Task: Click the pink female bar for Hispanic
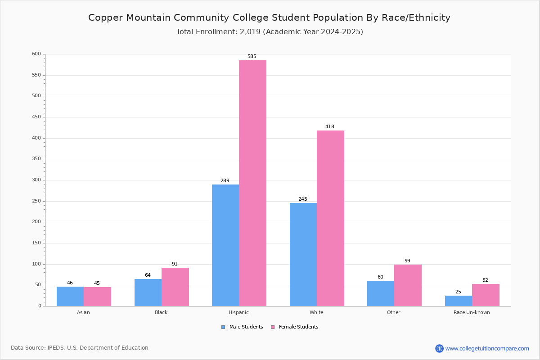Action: [x=252, y=183]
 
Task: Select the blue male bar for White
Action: [x=303, y=254]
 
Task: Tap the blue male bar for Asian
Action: [x=70, y=296]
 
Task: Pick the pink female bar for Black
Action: [x=175, y=287]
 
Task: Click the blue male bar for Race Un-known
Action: [x=459, y=301]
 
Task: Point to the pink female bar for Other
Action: [x=408, y=285]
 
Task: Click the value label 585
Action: [x=252, y=57]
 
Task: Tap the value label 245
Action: [x=302, y=199]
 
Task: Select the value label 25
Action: [x=458, y=292]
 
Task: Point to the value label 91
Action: [x=175, y=264]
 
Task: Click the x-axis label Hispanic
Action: [x=238, y=312]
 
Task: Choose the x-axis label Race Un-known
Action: [x=472, y=312]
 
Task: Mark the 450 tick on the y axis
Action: [x=36, y=117]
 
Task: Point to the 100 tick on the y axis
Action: [x=36, y=264]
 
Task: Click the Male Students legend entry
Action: [x=246, y=327]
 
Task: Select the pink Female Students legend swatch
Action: [x=273, y=327]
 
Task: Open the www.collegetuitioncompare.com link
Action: [x=487, y=348]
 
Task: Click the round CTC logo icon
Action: [x=439, y=348]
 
